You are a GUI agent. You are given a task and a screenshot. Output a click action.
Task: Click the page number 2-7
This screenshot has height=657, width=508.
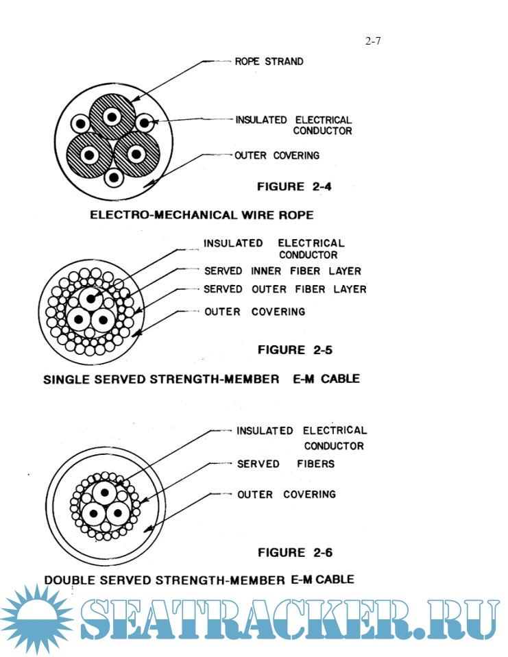coord(373,41)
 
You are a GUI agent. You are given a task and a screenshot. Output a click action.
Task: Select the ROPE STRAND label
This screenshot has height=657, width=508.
coord(269,62)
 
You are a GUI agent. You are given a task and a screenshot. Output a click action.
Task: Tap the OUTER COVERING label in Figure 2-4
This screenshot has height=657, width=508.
coord(277,156)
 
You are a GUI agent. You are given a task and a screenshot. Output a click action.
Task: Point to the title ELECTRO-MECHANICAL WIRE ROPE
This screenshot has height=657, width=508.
coord(202,215)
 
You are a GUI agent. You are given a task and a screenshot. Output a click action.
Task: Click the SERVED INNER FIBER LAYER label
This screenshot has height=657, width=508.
coord(282,271)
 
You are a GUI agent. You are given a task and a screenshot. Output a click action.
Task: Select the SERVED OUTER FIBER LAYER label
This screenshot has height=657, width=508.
coord(285,289)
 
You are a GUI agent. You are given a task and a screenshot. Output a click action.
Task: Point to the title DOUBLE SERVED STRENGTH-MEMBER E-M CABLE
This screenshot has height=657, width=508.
coord(199,580)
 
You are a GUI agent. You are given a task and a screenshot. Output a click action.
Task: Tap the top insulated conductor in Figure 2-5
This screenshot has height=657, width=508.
coord(91,299)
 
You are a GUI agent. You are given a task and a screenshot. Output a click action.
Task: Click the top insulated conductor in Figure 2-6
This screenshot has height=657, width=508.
coord(105,493)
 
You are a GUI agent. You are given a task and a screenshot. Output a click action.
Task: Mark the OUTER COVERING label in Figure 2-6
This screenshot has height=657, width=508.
coord(287,495)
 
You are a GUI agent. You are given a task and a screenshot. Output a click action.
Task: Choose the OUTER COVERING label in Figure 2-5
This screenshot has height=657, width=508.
coord(254,312)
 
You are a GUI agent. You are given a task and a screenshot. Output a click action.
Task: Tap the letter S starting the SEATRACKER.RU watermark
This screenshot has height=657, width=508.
coord(103,619)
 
